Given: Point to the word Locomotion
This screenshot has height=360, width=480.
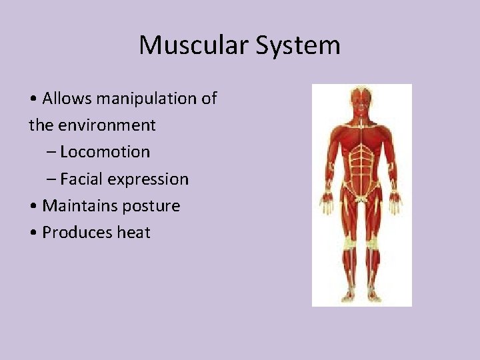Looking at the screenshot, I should pos(105,152).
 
